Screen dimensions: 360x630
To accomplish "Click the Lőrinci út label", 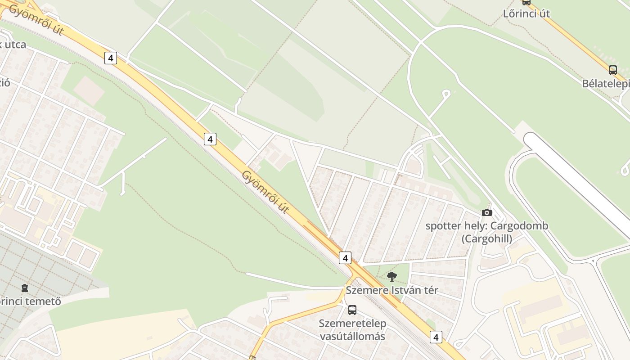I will pos(526,13).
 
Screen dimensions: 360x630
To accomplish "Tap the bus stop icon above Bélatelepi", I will pos(612,70).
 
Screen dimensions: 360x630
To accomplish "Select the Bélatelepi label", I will pos(606,84).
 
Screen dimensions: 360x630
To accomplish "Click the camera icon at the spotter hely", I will pos(486,212).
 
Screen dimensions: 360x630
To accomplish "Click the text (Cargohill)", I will pos(487,239).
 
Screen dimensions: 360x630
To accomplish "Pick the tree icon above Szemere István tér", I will pos(392,276).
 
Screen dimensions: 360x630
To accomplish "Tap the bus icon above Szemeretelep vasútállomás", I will pos(352,310).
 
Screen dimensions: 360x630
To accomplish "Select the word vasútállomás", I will pos(352,336).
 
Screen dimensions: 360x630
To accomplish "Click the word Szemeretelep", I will pos(352,324).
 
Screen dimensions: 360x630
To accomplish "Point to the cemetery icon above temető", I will pos(25,288).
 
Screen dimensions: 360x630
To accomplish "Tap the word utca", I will pos(15,45).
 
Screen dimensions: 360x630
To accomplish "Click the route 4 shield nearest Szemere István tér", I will pos(345,258).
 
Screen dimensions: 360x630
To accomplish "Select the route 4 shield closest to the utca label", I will pos(111,58).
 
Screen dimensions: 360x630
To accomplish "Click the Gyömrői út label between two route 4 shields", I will pos(265,192).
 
